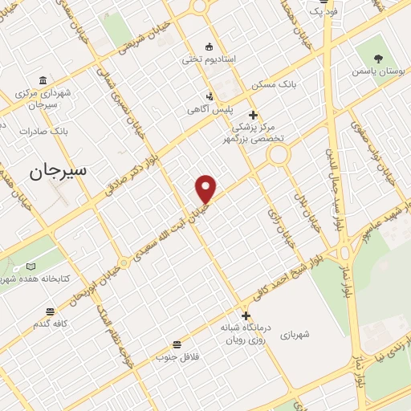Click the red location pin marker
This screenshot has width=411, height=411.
tap(206, 189)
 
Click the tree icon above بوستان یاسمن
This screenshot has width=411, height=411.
tap(380, 57)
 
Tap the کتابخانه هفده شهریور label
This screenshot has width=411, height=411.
tap(32, 279)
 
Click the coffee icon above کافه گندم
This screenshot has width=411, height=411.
tap(50, 310)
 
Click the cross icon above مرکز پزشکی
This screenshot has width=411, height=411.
tap(254, 115)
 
